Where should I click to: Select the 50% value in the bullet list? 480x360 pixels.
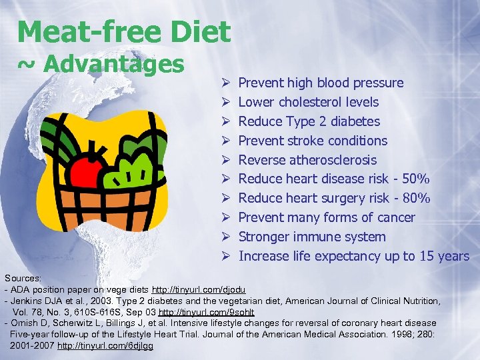[415, 179]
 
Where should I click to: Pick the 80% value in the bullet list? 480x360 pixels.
[415, 199]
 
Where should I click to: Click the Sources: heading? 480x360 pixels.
[23, 277]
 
